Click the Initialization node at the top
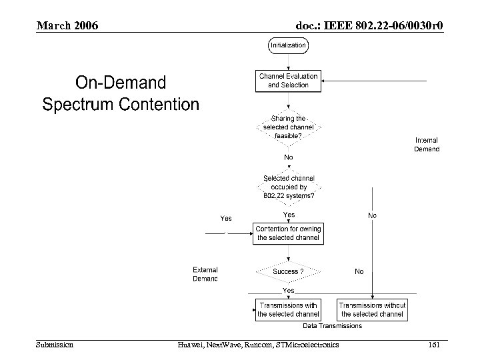pos(288,45)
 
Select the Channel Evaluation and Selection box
pos(288,81)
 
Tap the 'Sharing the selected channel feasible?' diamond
pos(288,127)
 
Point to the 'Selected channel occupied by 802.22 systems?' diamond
pos(288,187)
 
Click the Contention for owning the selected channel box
pos(288,233)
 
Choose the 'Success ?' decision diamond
pos(288,272)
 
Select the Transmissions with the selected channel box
pos(288,310)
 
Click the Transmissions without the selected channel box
pos(373,310)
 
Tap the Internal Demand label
pos(427,145)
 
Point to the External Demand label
pos(205,274)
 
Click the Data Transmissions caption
pos(332,326)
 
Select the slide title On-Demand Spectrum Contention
pos(121,93)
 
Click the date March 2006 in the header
pos(67,25)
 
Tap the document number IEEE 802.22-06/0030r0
pos(369,25)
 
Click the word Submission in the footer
pos(55,344)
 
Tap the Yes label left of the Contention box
pos(226,218)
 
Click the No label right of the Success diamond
pos(359,271)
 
